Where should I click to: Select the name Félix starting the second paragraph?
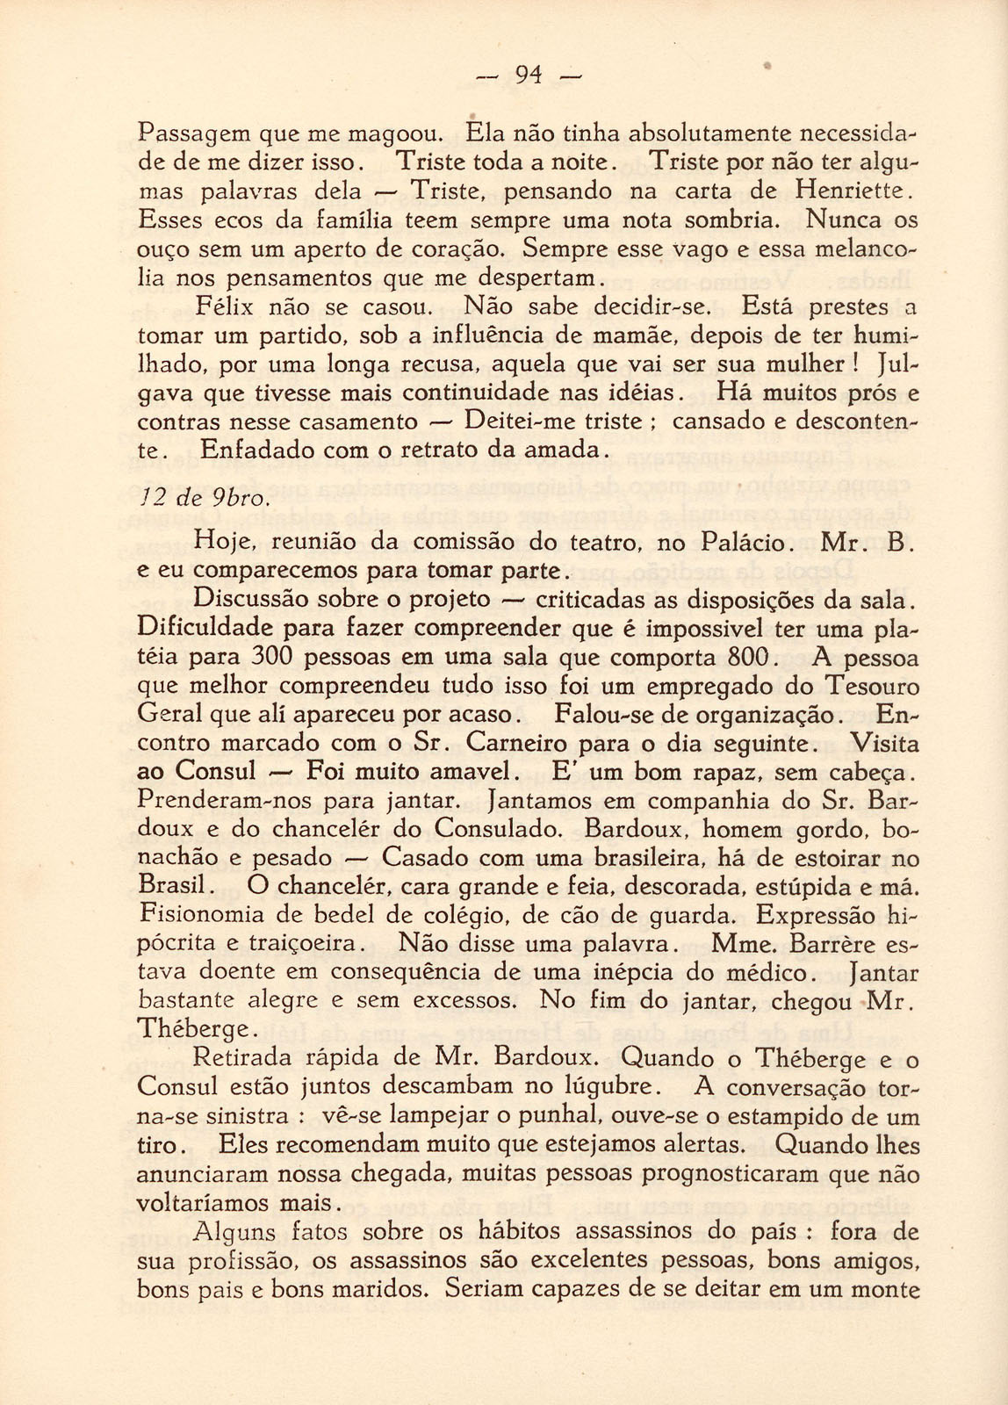click(223, 307)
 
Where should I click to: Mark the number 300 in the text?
click(278, 657)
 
